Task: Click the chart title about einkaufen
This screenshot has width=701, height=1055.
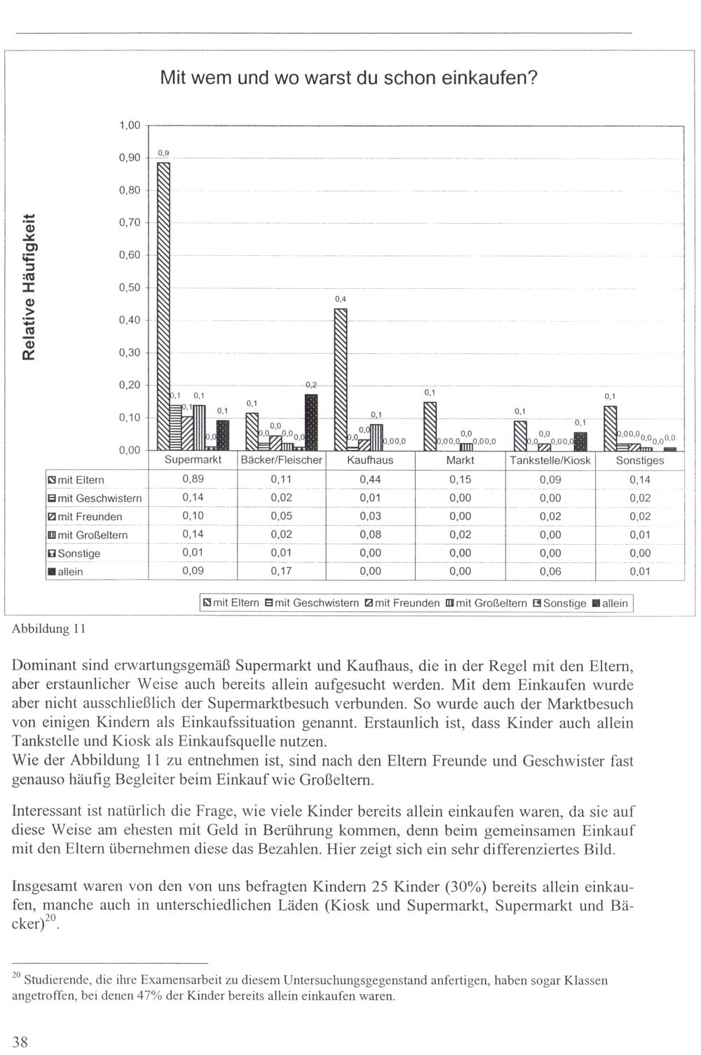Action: click(348, 77)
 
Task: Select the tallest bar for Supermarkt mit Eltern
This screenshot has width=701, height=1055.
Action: click(163, 305)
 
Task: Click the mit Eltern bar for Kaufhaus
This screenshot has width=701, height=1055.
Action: click(341, 379)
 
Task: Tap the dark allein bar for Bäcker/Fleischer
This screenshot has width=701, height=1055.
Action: click(311, 422)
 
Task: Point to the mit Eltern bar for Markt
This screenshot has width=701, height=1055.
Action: click(430, 426)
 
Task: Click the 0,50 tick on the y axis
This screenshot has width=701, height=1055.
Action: click(130, 287)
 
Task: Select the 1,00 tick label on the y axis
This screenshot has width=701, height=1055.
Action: click(130, 125)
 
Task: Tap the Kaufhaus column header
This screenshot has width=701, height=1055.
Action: click(370, 461)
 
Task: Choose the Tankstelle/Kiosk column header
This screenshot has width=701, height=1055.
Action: click(550, 461)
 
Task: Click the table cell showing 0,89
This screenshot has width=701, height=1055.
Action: click(193, 479)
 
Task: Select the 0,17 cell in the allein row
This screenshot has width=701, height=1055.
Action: click(282, 571)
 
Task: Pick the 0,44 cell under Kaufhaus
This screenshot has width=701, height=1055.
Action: click(370, 479)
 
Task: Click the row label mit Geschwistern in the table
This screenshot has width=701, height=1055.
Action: click(99, 498)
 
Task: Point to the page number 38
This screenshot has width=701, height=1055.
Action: click(20, 1042)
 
